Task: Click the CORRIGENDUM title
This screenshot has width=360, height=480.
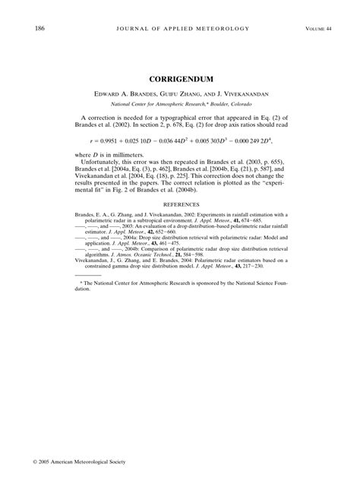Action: click(180, 78)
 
